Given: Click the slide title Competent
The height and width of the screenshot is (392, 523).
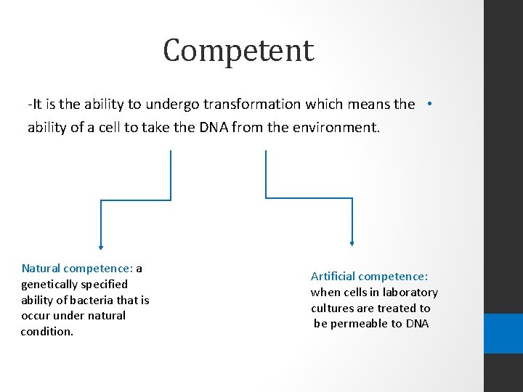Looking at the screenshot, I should [238, 51].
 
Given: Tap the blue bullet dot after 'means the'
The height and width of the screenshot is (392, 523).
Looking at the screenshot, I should [430, 104].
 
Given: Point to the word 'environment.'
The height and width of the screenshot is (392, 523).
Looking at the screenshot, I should [333, 128].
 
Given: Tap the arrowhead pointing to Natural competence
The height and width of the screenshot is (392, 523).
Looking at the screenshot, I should [101, 245].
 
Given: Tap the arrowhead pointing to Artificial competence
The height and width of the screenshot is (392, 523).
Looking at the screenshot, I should [352, 244].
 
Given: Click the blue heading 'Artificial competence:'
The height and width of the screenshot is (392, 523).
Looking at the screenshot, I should [369, 277].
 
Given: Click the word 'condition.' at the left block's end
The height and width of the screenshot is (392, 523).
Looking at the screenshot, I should [47, 332].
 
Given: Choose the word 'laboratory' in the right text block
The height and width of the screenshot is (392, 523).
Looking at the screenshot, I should [412, 293].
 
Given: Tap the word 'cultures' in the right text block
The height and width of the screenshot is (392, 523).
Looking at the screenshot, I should [332, 309].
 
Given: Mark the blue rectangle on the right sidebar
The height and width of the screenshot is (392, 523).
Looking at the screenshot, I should [503, 333].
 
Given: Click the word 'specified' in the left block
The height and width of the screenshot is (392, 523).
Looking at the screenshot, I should [104, 285].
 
